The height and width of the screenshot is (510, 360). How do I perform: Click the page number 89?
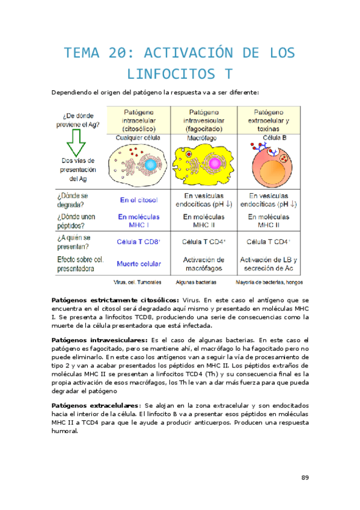tap(305, 478)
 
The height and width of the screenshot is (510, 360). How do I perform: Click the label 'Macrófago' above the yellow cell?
tap(205, 138)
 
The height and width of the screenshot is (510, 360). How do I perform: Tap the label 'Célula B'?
tap(270, 138)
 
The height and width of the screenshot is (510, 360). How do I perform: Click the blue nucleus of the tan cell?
tap(151, 164)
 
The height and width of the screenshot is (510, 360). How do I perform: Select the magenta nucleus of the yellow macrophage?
tap(214, 163)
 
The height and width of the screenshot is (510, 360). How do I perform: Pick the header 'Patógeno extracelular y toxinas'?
tap(270, 120)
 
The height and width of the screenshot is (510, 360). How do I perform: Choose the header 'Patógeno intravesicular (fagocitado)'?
tap(205, 120)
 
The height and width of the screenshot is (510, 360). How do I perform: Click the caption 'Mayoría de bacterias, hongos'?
tap(269, 281)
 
